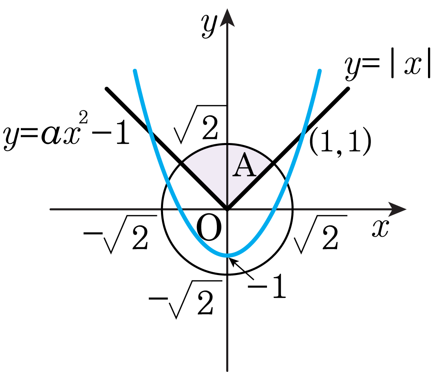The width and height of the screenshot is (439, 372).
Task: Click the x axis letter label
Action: pyautogui.click(x=380, y=229)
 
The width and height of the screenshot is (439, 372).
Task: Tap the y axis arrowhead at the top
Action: pyautogui.click(x=227, y=18)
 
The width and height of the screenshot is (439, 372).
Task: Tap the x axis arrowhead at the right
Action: pyautogui.click(x=397, y=209)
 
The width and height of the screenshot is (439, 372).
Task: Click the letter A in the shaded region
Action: pyautogui.click(x=244, y=165)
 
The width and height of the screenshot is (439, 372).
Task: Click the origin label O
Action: pyautogui.click(x=209, y=227)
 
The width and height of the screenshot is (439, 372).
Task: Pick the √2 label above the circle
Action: pyautogui.click(x=200, y=124)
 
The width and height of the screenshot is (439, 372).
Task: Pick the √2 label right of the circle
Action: pyautogui.click(x=320, y=234)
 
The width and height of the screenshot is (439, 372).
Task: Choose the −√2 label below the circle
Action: pyautogui.click(x=185, y=299)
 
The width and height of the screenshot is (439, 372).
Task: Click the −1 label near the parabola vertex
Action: pyautogui.click(x=267, y=286)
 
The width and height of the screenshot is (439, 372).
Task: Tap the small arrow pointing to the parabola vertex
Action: pyautogui.click(x=241, y=269)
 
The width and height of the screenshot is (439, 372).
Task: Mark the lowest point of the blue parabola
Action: pyautogui.click(x=227, y=255)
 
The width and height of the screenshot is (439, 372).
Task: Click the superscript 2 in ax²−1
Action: pyautogui.click(x=84, y=117)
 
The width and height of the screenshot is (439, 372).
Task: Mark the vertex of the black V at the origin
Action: pyautogui.click(x=227, y=209)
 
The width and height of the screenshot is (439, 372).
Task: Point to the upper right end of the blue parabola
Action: pyautogui.click(x=320, y=71)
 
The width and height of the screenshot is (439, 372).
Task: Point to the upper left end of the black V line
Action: pyautogui.click(x=107, y=89)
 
